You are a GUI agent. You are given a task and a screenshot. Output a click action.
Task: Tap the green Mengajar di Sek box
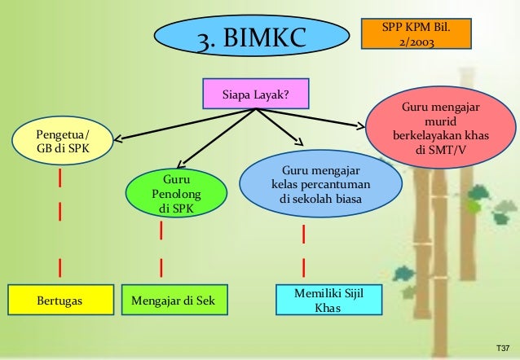click(x=174, y=301)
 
